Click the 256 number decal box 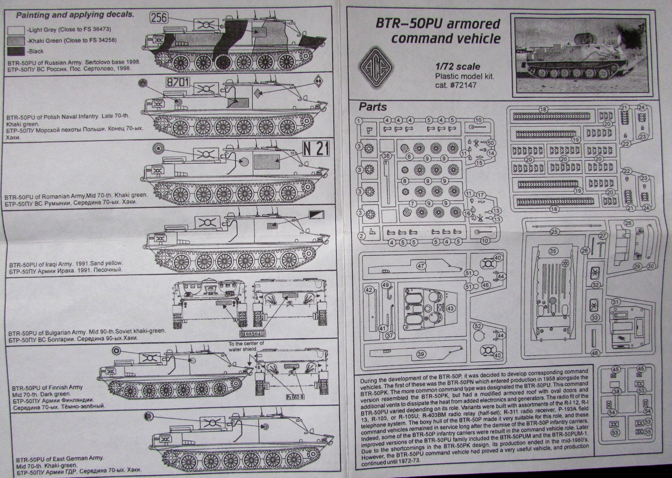pyautogui.click(x=159, y=18)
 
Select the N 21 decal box pyautogui.click(x=316, y=148)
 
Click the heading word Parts pyautogui.click(x=373, y=107)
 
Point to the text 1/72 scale pyautogui.click(x=457, y=66)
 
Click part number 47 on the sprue pyautogui.click(x=421, y=266)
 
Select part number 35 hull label pyautogui.click(x=553, y=251)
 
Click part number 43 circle pyautogui.click(x=451, y=308)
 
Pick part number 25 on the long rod pyautogui.click(x=554, y=231)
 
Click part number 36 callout pyautogui.click(x=386, y=156)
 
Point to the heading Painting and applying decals pyautogui.click(x=75, y=15)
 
